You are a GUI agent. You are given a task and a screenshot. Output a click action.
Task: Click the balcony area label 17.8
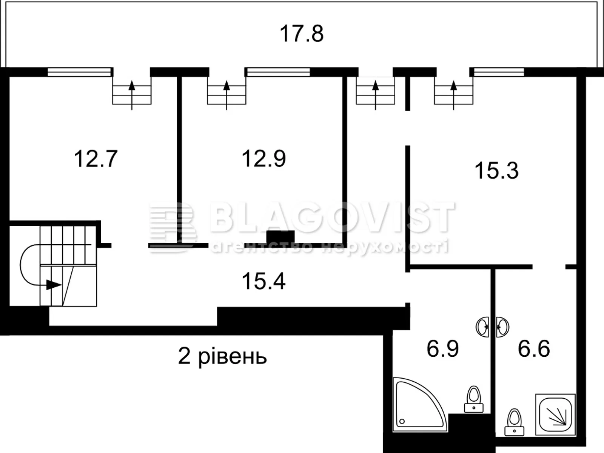pyautogui.click(x=301, y=34)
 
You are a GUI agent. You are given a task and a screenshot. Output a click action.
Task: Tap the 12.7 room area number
pyautogui.click(x=96, y=159)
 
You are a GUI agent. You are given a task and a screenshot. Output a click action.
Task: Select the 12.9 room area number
pyautogui.click(x=263, y=159)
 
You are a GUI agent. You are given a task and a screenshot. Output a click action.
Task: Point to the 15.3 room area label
pyautogui.click(x=496, y=171)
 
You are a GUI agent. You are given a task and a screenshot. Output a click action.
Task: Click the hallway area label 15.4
pyautogui.click(x=263, y=281)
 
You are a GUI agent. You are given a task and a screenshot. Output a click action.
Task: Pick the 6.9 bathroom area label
pyautogui.click(x=442, y=348)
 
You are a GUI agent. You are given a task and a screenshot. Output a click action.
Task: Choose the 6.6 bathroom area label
pyautogui.click(x=534, y=348)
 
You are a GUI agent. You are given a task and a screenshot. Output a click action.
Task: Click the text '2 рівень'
pyautogui.click(x=222, y=356)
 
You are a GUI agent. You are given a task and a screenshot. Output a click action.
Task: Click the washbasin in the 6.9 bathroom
pyautogui.click(x=482, y=327)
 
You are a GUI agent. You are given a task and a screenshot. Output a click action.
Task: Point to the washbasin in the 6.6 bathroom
pyautogui.click(x=502, y=327)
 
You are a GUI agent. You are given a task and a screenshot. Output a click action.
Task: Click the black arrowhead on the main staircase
pyautogui.click(x=53, y=285)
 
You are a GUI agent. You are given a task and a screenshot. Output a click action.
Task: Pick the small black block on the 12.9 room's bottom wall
pyautogui.click(x=280, y=238)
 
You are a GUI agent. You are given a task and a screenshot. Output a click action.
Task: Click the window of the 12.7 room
pyautogui.click(x=80, y=72)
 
